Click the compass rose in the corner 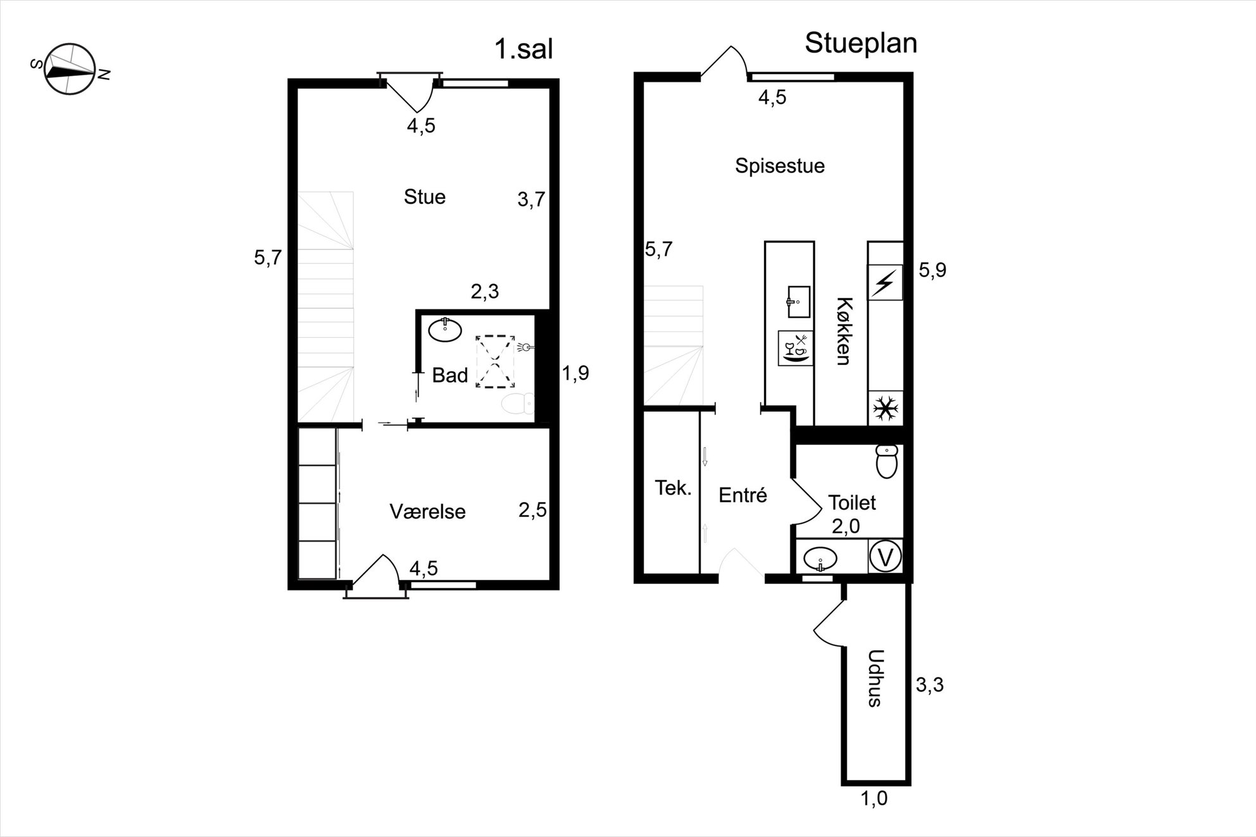click(x=70, y=70)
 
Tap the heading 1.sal click(x=524, y=49)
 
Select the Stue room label click(x=425, y=197)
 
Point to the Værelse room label click(x=427, y=511)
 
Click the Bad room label click(x=450, y=375)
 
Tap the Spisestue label click(x=780, y=166)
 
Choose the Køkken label click(x=843, y=331)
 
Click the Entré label click(x=743, y=494)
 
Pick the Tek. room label click(x=673, y=488)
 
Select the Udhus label click(x=876, y=678)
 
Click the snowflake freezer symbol click(x=885, y=409)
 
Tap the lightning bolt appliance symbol click(x=885, y=282)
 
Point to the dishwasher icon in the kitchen click(x=796, y=348)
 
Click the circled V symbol click(x=886, y=557)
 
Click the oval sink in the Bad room click(x=445, y=330)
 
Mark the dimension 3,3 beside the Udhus click(x=929, y=685)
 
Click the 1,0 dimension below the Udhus click(x=874, y=799)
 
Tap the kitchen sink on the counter click(x=798, y=302)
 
